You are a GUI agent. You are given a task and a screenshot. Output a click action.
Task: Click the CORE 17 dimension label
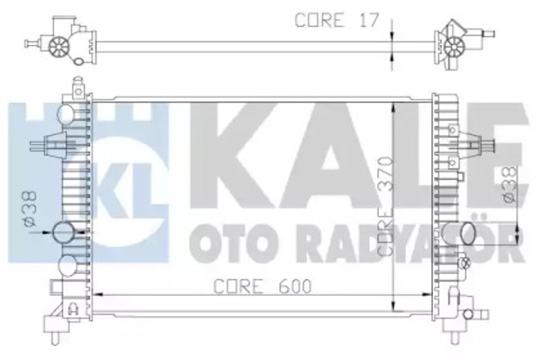point(336,20)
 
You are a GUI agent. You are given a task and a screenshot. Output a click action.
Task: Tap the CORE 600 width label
point(262,286)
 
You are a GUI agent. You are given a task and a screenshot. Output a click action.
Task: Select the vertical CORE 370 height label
point(385,206)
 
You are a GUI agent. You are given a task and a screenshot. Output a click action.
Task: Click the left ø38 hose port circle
point(64,232)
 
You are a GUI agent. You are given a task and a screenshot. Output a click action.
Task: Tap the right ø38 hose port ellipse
point(468,233)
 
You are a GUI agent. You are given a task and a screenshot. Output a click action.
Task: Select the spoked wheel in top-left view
point(59,46)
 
